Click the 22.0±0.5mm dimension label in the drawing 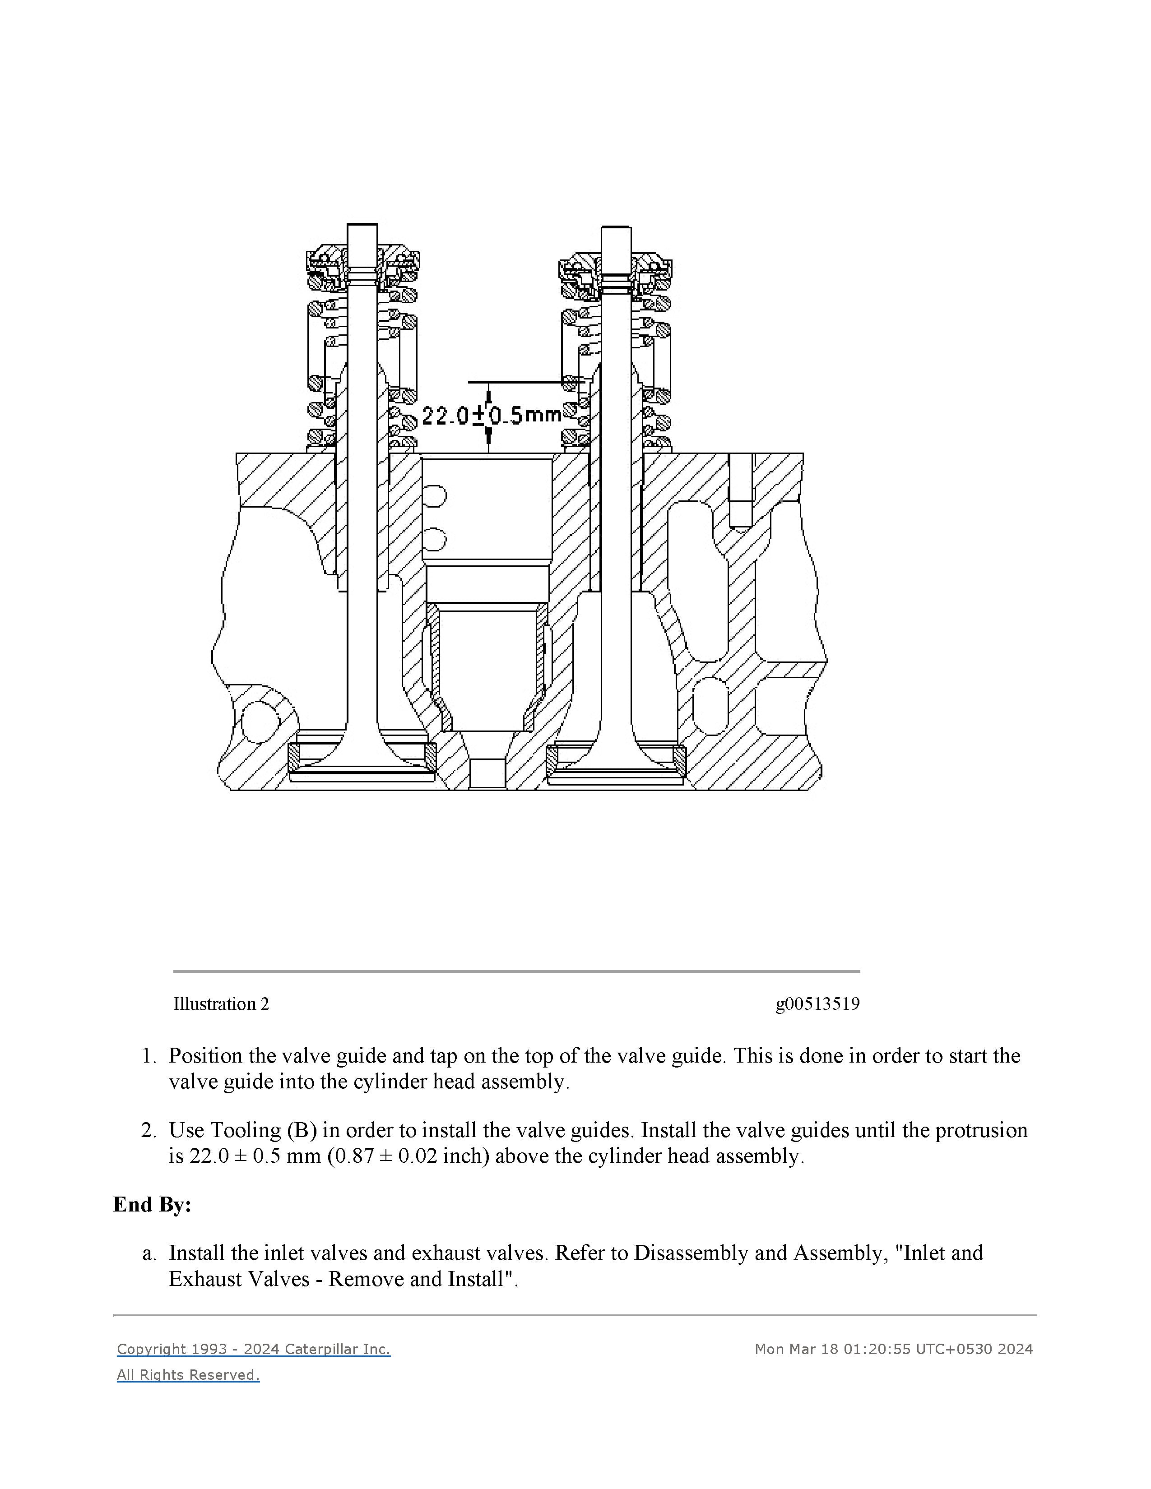[491, 415]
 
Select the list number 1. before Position [149, 1056]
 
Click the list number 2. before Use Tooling [149, 1130]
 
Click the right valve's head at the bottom [616, 770]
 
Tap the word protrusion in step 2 [981, 1130]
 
